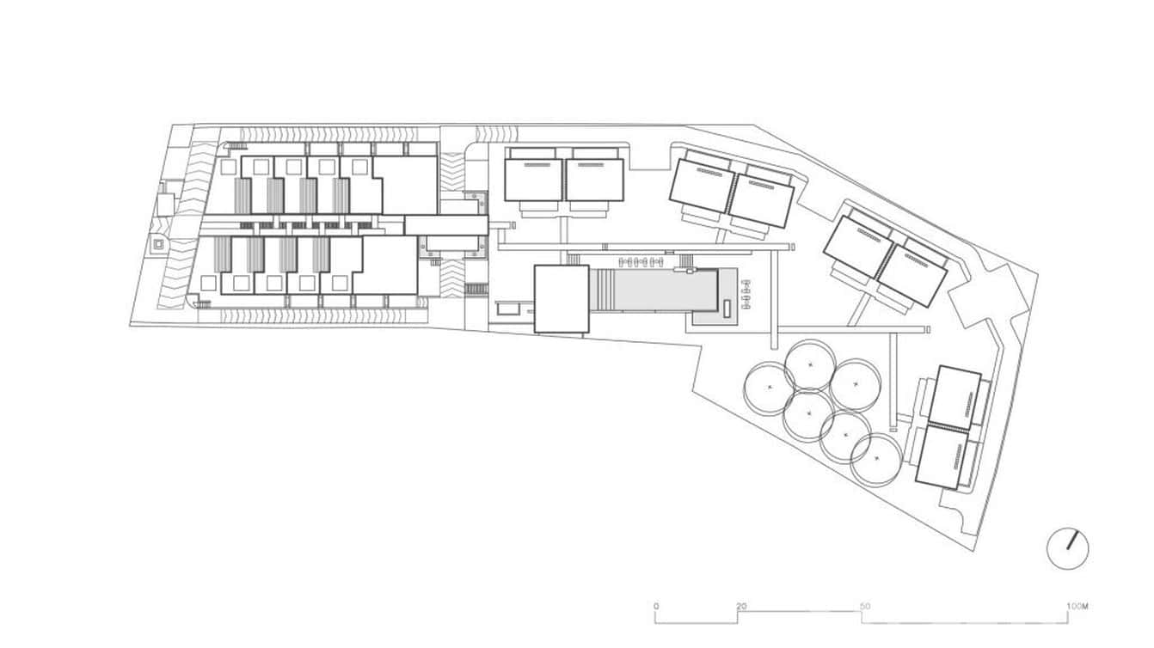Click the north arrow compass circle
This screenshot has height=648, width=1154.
[1067, 548]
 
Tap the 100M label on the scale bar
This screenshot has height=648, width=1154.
[1078, 607]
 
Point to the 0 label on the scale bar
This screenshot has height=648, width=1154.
[656, 607]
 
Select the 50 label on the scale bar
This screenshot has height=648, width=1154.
[865, 607]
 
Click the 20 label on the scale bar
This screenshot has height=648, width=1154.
[741, 607]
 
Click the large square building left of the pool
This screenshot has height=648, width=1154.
[562, 298]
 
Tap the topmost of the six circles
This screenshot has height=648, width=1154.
[809, 364]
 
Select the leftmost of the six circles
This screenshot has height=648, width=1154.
[770, 388]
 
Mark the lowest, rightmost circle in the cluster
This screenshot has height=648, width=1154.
[877, 460]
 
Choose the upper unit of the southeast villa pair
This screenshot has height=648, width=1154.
[955, 397]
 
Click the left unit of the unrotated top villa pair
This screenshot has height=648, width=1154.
[533, 180]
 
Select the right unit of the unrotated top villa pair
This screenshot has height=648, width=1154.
[594, 180]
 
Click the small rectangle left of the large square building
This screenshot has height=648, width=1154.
[507, 308]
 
